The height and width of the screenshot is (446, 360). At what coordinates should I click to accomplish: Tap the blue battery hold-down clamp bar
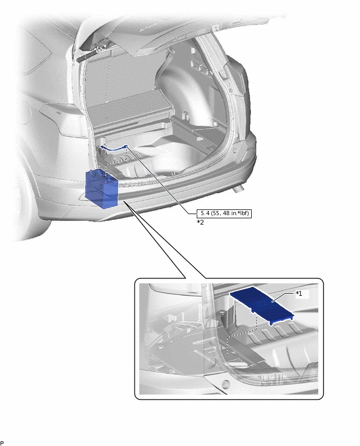[115, 148]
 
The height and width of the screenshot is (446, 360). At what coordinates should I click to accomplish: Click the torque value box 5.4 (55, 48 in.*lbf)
[224, 214]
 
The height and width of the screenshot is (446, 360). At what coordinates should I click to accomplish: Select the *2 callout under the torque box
[200, 222]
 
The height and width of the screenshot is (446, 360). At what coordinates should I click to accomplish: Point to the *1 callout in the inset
[299, 294]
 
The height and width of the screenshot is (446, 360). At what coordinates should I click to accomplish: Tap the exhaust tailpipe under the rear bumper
[241, 187]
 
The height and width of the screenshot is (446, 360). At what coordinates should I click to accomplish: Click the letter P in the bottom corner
[2, 443]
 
